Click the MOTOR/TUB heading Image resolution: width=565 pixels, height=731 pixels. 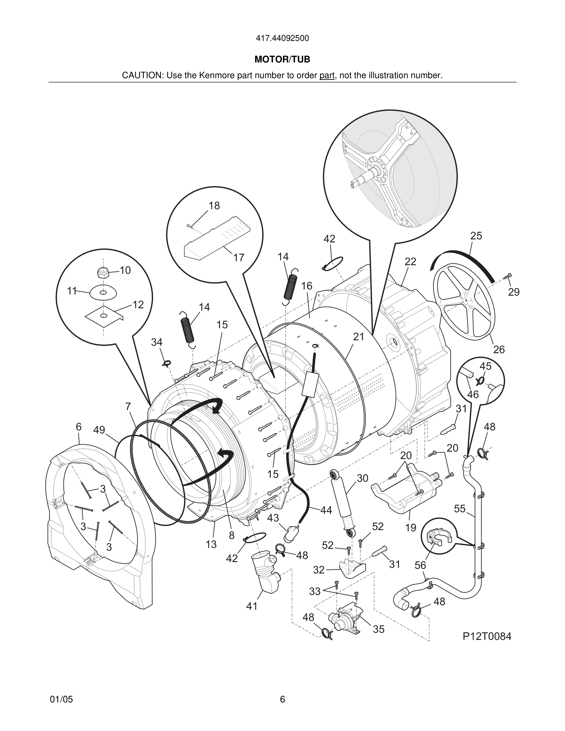282,60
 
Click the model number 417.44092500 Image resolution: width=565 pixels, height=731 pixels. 282,38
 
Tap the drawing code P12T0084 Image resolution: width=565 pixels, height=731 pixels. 487,636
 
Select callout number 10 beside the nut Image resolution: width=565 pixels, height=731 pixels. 125,270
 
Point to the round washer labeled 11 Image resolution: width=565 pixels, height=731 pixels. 103,293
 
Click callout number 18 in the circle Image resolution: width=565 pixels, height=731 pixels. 214,206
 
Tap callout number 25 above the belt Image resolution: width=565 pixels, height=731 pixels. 476,236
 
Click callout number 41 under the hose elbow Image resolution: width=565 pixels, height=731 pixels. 252,606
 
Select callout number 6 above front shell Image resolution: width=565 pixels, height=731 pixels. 78,426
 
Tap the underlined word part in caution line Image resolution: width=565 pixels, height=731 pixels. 327,75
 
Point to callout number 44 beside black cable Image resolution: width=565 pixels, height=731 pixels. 326,510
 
